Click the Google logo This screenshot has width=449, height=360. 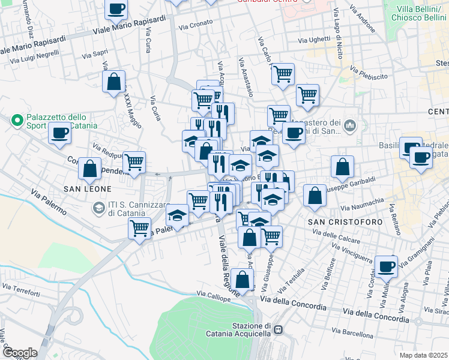coord(19,353)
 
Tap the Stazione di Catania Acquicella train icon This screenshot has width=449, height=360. coord(279,329)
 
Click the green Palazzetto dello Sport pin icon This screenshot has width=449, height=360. coord(17,121)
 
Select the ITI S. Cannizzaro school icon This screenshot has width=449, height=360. coord(98,208)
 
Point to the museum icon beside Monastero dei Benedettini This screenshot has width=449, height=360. coord(350,127)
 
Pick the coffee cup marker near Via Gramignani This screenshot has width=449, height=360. coord(386,266)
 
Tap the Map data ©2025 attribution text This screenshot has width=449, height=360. coord(423,355)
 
